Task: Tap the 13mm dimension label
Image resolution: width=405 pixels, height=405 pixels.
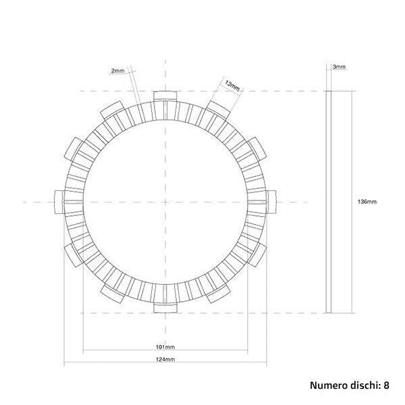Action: pyautogui.click(x=231, y=85)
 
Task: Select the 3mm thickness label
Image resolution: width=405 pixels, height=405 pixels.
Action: pyautogui.click(x=340, y=67)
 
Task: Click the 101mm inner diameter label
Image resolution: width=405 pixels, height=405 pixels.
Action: pyautogui.click(x=164, y=347)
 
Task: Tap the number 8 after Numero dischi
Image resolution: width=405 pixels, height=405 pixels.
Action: pyautogui.click(x=386, y=385)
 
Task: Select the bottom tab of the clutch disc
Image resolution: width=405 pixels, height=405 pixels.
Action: pyautogui.click(x=165, y=308)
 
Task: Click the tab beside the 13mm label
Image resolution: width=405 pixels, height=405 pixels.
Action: pyautogui.click(x=217, y=109)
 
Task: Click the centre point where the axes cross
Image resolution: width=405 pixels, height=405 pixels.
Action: pyautogui.click(x=165, y=201)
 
